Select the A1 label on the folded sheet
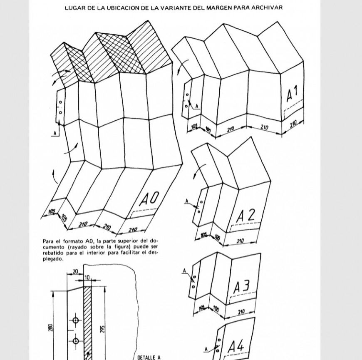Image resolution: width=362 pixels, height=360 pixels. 292,94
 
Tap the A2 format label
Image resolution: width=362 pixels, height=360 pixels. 245,216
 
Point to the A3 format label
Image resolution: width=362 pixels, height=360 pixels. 241,287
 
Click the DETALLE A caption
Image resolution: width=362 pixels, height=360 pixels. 149,357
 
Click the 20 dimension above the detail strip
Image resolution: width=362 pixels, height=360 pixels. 75,271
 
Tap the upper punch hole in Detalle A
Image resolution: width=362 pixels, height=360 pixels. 76,320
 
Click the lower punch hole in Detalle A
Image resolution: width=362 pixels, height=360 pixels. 76,341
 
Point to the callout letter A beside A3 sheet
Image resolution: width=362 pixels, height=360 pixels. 184,271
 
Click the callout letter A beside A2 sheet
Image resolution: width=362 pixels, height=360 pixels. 187,201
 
